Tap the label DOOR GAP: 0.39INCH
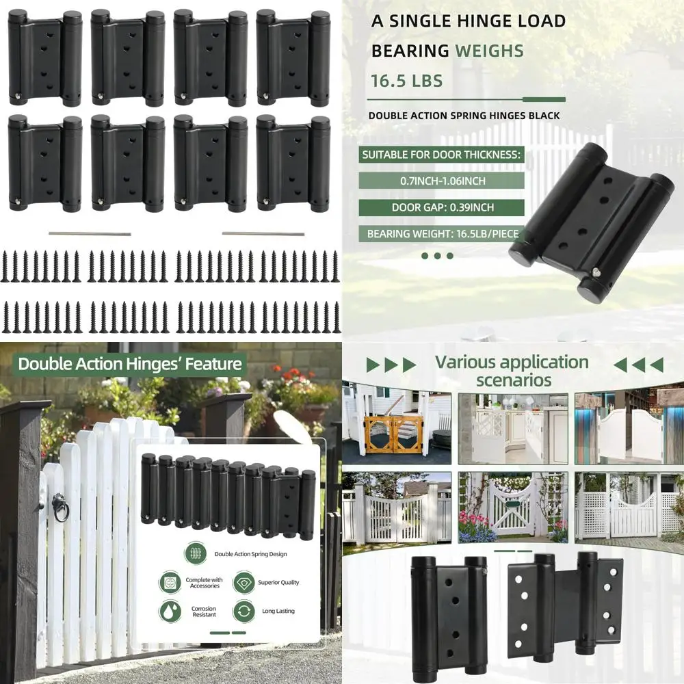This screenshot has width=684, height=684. point(442,207)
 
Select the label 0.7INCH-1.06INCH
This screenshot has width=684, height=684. point(442,181)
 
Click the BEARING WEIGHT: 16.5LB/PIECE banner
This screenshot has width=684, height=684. point(443,234)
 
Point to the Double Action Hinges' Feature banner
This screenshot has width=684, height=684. point(130,363)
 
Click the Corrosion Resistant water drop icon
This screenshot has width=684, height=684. point(170,610)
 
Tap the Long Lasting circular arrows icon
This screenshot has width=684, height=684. point(244,610)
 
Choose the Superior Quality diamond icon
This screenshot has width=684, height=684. point(244,582)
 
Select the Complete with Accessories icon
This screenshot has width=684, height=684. point(170,582)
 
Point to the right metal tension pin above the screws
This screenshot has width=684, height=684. point(263,234)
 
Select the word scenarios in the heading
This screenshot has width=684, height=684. point(513,380)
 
